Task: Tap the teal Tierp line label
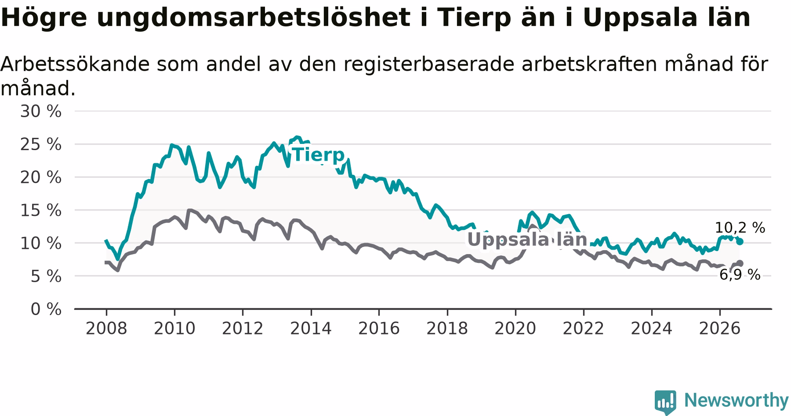[319, 155]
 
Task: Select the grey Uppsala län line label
[527, 240]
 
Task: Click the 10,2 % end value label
[740, 228]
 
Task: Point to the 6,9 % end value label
[740, 275]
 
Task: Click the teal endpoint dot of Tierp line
[740, 241]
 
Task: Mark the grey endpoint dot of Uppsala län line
[740, 263]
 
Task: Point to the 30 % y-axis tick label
[41, 111]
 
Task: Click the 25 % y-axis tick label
[41, 144]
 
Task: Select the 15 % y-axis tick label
[41, 210]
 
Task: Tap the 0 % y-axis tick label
[46, 309]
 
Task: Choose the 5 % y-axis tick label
[46, 276]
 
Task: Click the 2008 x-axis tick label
[106, 328]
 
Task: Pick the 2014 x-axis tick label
[311, 328]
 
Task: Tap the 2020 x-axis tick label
[515, 328]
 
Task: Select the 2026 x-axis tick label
[720, 328]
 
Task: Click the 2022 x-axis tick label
[584, 328]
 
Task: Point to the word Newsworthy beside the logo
[737, 400]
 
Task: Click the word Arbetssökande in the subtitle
[75, 64]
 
